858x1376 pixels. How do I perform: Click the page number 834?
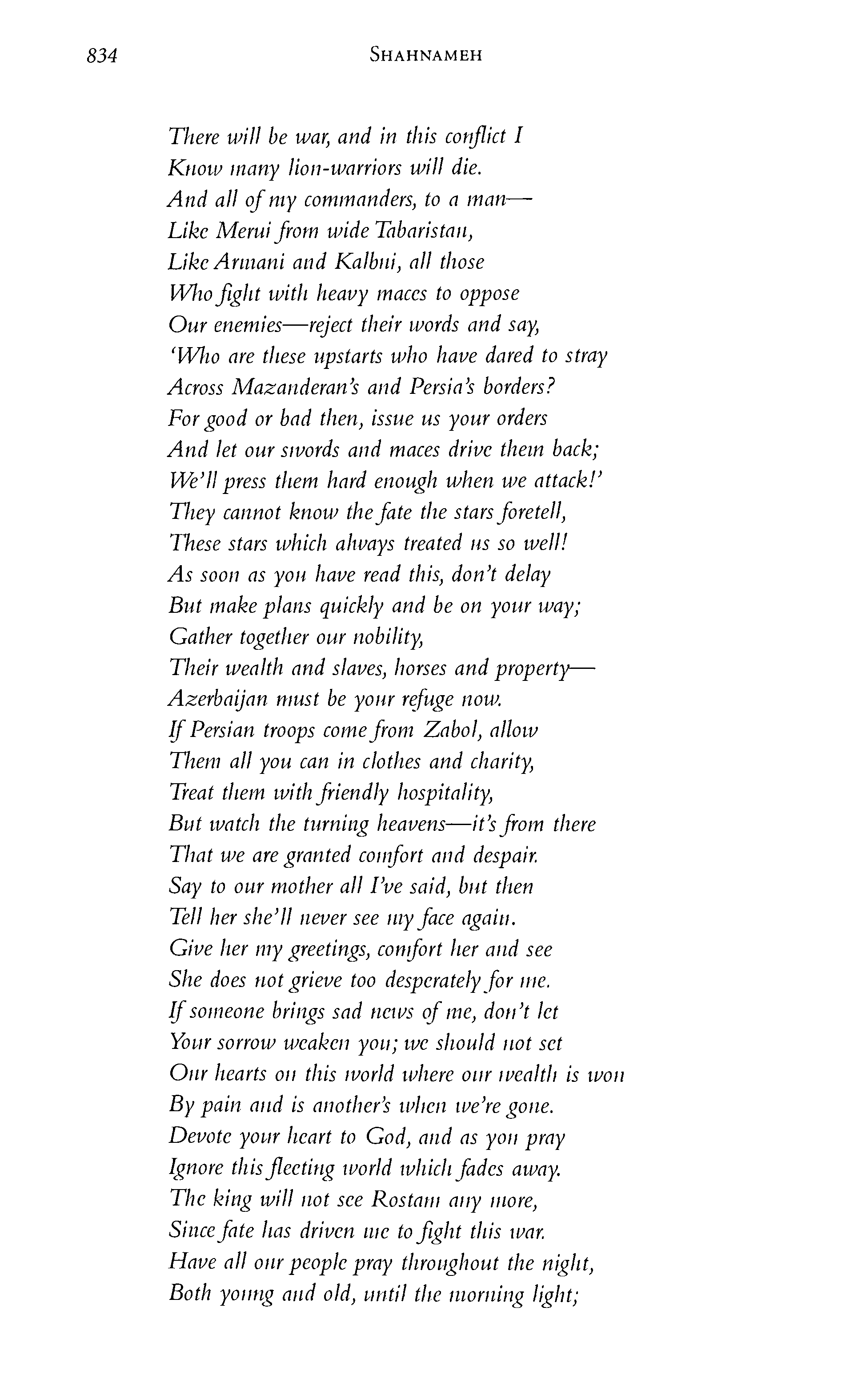click(x=102, y=56)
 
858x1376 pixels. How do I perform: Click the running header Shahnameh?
click(x=425, y=55)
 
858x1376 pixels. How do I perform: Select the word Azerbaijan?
click(x=218, y=699)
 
